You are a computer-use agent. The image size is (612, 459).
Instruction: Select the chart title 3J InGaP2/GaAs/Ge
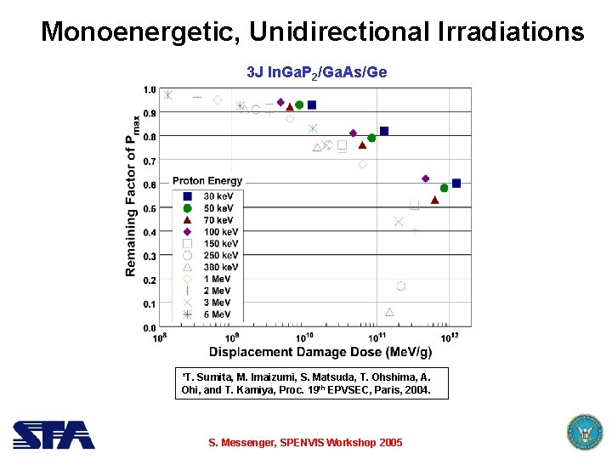point(316,72)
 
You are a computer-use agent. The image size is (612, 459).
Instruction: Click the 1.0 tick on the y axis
point(149,89)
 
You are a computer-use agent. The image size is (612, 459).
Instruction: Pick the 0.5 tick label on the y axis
point(149,208)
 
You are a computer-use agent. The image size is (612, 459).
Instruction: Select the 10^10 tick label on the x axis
point(304,338)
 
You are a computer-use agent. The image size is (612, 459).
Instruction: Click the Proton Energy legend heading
point(207,180)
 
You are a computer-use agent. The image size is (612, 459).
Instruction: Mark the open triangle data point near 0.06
point(389,312)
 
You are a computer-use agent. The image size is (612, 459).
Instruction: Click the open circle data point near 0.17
point(400,286)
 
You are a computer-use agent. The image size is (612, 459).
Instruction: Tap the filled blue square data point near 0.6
point(456,183)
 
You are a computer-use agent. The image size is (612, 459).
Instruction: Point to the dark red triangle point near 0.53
point(434,200)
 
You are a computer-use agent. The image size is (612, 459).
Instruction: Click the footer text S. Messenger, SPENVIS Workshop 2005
point(305,443)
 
